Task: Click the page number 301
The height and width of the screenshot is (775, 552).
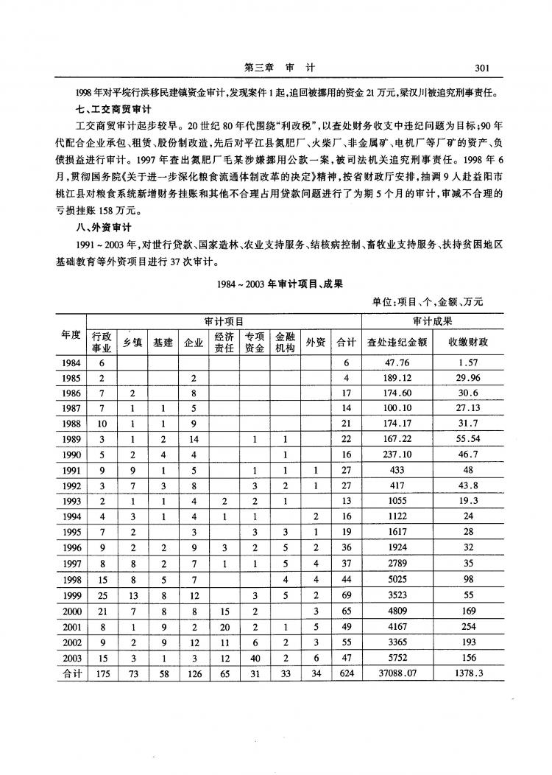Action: [482, 68]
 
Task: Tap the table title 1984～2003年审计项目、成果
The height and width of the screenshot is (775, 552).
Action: [280, 282]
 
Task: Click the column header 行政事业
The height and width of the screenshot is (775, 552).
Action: [102, 342]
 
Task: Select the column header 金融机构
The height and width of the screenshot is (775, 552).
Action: [285, 342]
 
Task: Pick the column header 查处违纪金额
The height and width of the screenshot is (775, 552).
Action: [397, 342]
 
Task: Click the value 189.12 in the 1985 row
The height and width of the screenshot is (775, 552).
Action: [397, 377]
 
